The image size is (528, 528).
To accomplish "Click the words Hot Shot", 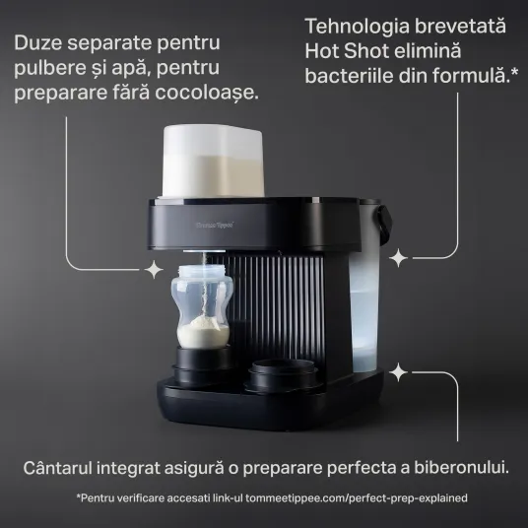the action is (347, 51).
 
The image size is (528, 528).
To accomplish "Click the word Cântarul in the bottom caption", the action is (57, 468).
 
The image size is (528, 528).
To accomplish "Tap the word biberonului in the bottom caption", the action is (461, 468).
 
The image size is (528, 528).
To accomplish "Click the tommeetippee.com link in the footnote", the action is (357, 497).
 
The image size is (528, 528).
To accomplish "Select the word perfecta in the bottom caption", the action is (362, 469).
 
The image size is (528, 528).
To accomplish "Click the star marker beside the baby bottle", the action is (154, 269).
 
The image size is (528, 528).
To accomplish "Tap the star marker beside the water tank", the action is (398, 258).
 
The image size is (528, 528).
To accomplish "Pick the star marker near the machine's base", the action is (398, 372).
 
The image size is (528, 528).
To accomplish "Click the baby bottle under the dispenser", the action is (202, 306).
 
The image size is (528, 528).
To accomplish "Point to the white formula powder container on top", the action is (212, 161).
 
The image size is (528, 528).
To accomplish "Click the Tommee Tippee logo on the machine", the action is (215, 225).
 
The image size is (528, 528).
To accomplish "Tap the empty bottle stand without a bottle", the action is (281, 375).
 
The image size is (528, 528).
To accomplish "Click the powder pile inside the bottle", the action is (203, 332).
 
